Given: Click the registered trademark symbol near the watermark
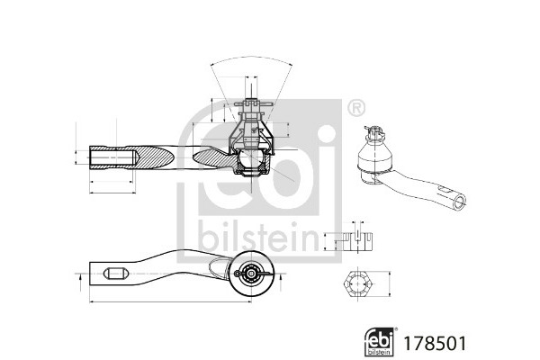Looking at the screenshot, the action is [x=356, y=108].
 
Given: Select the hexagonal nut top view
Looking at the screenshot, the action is [x=358, y=284].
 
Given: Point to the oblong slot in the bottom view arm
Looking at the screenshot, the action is [x=116, y=274].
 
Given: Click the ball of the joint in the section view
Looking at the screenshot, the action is [x=251, y=159].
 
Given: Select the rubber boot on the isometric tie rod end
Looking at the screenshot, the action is [x=374, y=155].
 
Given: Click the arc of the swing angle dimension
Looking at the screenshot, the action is [x=251, y=58].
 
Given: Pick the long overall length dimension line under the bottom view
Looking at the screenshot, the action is [x=170, y=302].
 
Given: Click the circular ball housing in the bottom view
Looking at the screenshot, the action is [x=252, y=274].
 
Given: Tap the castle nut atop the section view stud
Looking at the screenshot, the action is [x=251, y=110].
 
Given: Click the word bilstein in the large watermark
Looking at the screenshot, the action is [x=258, y=238].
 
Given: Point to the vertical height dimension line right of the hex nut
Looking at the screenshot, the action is [x=391, y=284].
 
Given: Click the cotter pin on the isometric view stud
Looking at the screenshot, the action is [x=373, y=131].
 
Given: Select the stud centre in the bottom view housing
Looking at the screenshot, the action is [x=252, y=274].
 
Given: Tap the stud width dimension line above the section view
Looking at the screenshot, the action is [x=251, y=77].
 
